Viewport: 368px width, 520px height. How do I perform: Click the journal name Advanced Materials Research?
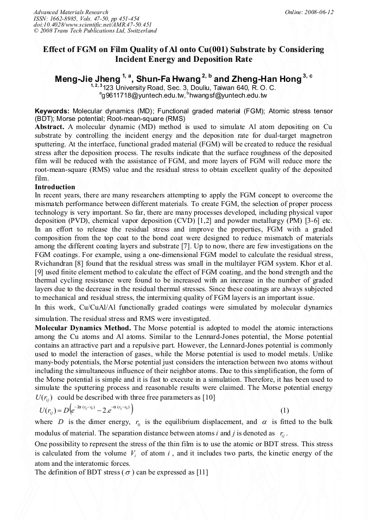(x=71, y=12)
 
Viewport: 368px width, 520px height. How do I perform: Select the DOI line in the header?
(x=92, y=24)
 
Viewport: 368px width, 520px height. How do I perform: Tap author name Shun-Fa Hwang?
(x=168, y=79)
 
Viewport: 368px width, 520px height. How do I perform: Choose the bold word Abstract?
(x=50, y=126)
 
